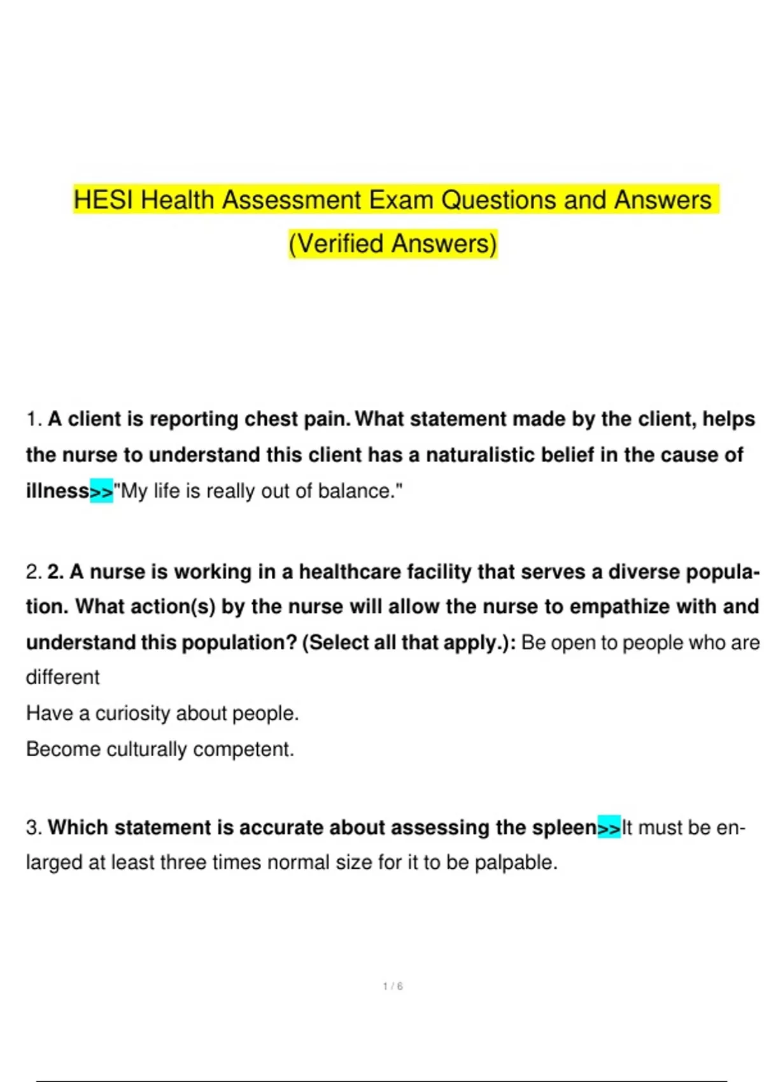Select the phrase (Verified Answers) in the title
[x=392, y=244]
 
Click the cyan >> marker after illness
[x=102, y=491]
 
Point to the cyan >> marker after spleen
[x=609, y=827]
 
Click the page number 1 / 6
[x=393, y=986]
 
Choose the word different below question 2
[x=62, y=677]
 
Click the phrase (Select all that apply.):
[x=409, y=642]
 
